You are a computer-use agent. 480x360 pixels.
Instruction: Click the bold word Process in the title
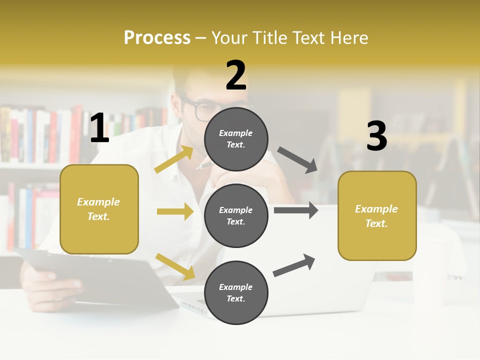tap(157, 38)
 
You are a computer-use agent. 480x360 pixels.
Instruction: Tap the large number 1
tap(99, 128)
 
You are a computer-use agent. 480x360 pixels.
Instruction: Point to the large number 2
tap(236, 75)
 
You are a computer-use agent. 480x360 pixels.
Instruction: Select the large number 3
tap(376, 136)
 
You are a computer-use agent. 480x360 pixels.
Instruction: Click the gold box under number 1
tap(99, 209)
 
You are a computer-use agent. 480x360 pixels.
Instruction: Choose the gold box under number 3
tap(377, 215)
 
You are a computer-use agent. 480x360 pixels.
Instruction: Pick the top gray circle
tap(236, 139)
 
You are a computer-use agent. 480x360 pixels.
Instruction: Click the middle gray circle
tap(236, 215)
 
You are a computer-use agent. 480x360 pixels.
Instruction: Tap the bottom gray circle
tap(236, 292)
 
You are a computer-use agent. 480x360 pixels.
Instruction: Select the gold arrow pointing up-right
tap(174, 159)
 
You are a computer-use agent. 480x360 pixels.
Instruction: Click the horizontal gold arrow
tap(175, 211)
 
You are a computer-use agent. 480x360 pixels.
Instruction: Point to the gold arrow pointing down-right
tap(175, 266)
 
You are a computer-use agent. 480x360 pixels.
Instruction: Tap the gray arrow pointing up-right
tap(294, 265)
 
